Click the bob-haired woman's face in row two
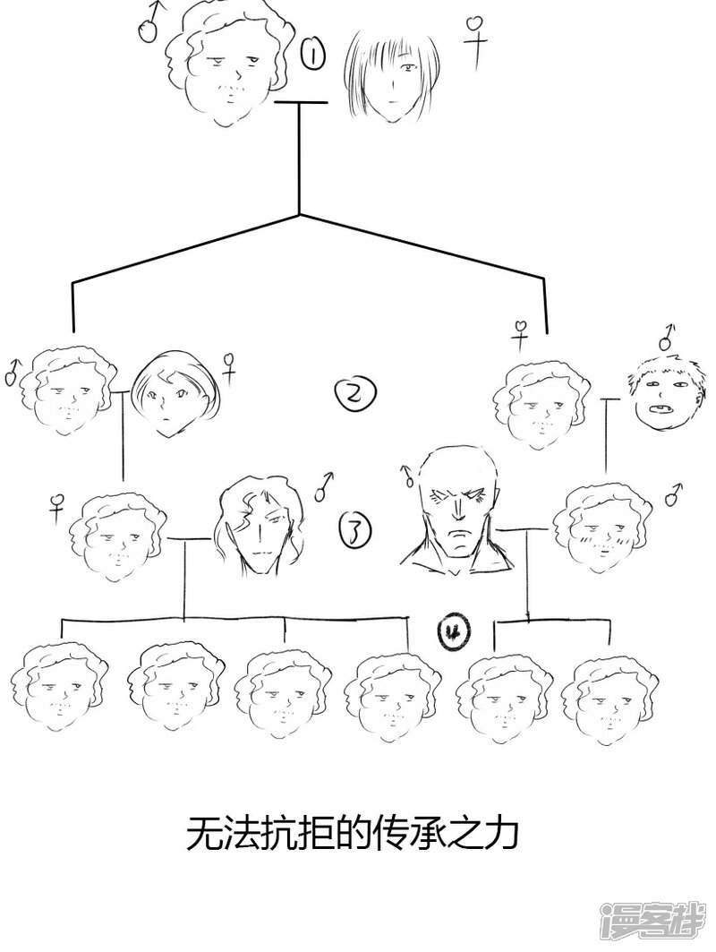tap(174, 394)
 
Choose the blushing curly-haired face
tap(598, 528)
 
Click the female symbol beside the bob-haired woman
tap(230, 366)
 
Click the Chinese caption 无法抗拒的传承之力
tap(352, 836)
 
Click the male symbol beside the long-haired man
tap(325, 484)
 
